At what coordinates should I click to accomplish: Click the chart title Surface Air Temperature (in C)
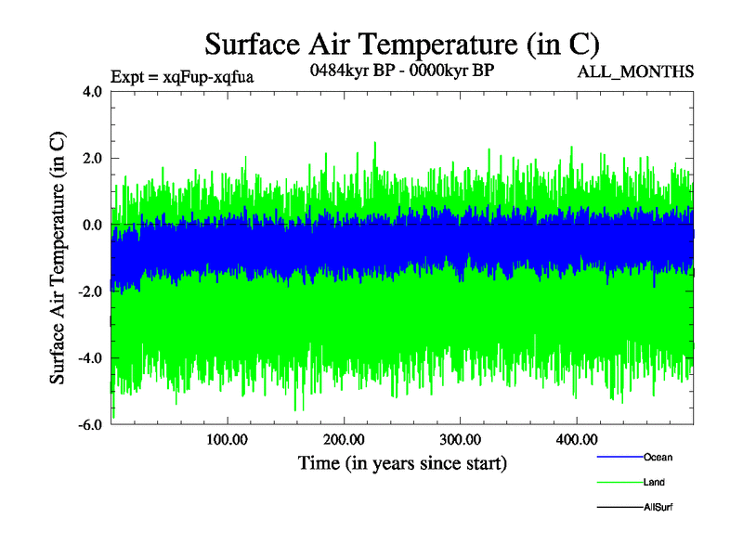[x=403, y=44]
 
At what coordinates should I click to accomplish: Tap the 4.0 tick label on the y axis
[x=92, y=91]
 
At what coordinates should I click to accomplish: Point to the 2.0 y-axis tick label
[x=92, y=158]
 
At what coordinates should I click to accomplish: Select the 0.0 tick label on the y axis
[x=92, y=225]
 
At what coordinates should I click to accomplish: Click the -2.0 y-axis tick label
[x=90, y=291]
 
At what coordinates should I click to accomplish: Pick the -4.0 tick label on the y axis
[x=90, y=358]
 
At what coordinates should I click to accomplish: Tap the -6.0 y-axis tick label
[x=90, y=425]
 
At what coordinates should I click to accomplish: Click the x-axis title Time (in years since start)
[x=402, y=462]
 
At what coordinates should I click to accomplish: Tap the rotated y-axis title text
[x=58, y=258]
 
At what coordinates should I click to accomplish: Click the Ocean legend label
[x=658, y=458]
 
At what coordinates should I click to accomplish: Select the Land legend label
[x=654, y=483]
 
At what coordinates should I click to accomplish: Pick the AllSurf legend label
[x=658, y=507]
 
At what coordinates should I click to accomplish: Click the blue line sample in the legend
[x=619, y=458]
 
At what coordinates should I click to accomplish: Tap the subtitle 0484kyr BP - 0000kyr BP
[x=401, y=71]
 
